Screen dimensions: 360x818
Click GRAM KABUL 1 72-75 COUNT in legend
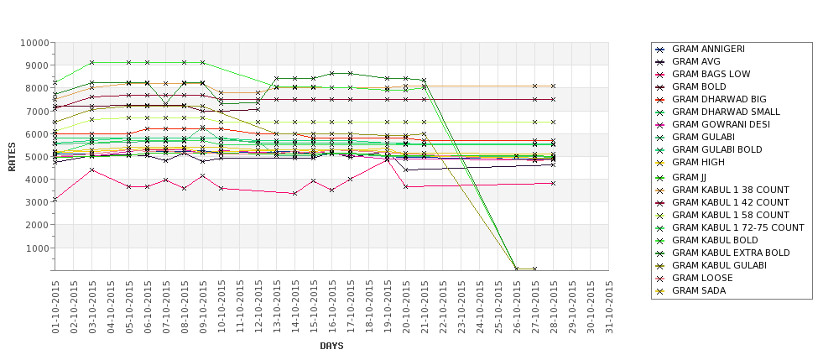[x=738, y=227]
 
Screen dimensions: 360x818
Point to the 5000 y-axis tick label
[x=36, y=157]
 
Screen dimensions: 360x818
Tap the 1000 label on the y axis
[x=36, y=248]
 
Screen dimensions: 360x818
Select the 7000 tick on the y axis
[x=36, y=112]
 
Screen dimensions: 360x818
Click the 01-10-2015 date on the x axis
[x=55, y=306]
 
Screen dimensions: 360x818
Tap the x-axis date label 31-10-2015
[x=609, y=306]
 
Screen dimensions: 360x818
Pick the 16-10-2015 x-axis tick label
[x=332, y=306]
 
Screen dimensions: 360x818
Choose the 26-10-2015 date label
[x=517, y=306]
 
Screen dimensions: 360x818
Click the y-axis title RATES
[x=12, y=156]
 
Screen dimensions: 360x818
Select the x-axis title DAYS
[x=331, y=346]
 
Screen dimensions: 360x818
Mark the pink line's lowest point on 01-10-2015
[x=55, y=200]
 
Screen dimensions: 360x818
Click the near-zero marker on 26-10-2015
[x=517, y=269]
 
